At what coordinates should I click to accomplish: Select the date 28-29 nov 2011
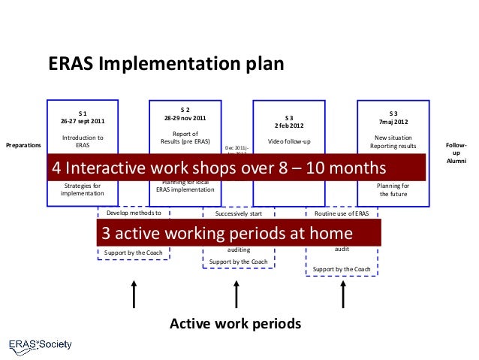pyautogui.click(x=185, y=119)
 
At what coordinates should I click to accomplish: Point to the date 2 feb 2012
pyautogui.click(x=289, y=126)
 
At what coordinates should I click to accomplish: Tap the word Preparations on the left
pyautogui.click(x=23, y=144)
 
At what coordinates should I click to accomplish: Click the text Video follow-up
pyautogui.click(x=289, y=141)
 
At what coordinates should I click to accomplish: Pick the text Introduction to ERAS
pyautogui.click(x=83, y=141)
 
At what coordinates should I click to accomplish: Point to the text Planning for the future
pyautogui.click(x=393, y=189)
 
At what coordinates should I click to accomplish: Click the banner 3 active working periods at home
pyautogui.click(x=237, y=232)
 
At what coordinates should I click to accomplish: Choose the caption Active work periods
pyautogui.click(x=235, y=324)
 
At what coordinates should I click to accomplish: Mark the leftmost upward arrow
pyautogui.click(x=134, y=295)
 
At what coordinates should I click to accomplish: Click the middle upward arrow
pyautogui.click(x=237, y=295)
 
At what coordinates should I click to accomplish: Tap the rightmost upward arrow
pyautogui.click(x=342, y=295)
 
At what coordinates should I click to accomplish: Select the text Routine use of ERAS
pyautogui.click(x=342, y=213)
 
